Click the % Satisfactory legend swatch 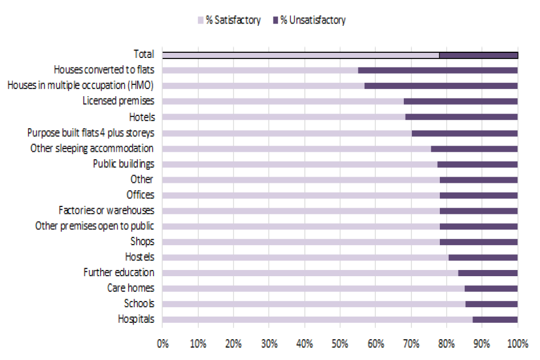(200, 21)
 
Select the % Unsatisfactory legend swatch (276, 21)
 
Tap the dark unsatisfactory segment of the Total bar (478, 55)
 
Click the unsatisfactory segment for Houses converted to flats (438, 70)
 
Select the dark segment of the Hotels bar (461, 117)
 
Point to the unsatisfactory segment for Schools (491, 304)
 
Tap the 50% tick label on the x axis (340, 343)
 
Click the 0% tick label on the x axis (163, 343)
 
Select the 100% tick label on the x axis (517, 343)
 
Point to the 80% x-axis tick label (446, 343)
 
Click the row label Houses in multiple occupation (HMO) (80, 85)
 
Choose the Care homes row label (130, 288)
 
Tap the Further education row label (119, 272)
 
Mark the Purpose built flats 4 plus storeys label (91, 133)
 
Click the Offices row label (140, 195)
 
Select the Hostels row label (139, 257)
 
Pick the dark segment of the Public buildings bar (477, 164)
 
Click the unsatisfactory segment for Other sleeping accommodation (474, 148)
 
